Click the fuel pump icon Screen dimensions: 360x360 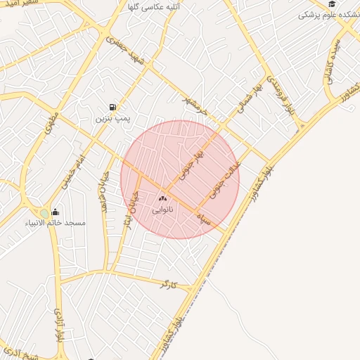[112, 108]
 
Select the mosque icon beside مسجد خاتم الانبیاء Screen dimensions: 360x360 [56, 212]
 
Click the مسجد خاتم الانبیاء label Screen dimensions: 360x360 [64, 223]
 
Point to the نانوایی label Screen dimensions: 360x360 [162, 209]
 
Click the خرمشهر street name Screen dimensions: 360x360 [195, 103]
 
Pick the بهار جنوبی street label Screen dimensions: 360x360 [190, 164]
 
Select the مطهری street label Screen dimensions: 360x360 [51, 124]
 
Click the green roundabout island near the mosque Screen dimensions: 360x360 [44, 212]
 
